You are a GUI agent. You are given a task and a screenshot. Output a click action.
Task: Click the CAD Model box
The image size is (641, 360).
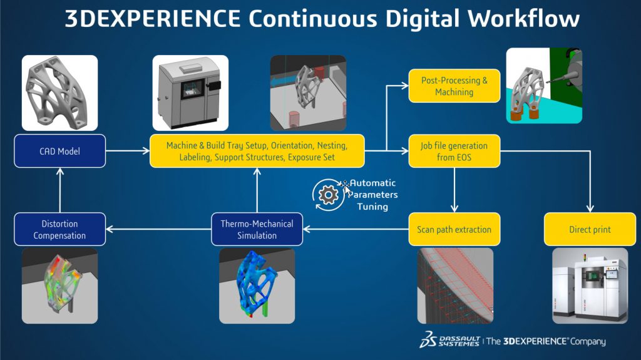point(59,151)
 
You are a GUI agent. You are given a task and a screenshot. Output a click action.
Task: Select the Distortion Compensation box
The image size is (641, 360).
point(59,229)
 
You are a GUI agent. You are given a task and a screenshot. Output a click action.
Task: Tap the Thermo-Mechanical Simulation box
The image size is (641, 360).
point(257,229)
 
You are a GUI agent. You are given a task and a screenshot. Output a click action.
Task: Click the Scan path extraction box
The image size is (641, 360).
point(454,229)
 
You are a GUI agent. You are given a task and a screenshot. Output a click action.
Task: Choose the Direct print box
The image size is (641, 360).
point(590,229)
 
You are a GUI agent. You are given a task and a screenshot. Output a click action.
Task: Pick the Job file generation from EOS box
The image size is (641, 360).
point(454,151)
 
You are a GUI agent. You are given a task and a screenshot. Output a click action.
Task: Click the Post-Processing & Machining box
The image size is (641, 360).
point(454,86)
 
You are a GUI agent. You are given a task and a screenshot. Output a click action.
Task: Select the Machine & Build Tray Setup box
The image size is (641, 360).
point(257,151)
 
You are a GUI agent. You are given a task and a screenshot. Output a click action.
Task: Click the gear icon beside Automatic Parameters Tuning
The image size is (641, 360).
point(328,195)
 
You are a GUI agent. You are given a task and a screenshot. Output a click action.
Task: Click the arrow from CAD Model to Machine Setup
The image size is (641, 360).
point(127,151)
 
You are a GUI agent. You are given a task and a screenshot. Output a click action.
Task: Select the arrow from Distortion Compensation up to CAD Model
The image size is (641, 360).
point(59,190)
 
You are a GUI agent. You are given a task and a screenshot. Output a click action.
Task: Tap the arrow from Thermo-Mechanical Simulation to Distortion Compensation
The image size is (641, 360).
point(158,229)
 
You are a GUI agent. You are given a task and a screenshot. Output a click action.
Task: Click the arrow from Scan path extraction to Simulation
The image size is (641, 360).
point(355,229)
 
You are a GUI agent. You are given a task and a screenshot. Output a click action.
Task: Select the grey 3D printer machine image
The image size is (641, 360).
point(190,92)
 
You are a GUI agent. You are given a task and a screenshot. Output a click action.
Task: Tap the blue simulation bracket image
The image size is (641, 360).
point(257,285)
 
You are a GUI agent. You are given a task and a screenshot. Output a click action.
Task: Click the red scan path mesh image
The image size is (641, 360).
point(455,285)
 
